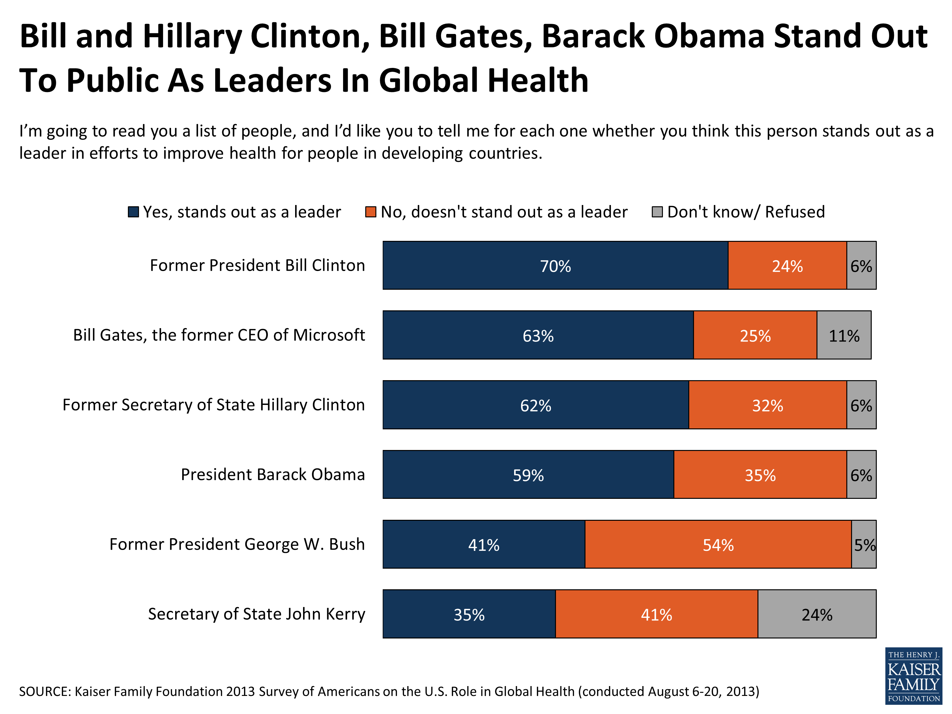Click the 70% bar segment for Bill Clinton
(555, 266)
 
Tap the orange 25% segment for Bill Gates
(755, 335)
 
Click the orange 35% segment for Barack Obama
(760, 475)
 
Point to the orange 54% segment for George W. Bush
(718, 545)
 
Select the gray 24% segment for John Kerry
(816, 614)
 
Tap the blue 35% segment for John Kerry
(469, 614)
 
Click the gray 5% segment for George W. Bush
(864, 545)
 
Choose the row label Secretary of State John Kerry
(256, 614)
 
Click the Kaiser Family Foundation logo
(913, 676)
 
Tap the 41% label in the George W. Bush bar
(484, 545)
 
